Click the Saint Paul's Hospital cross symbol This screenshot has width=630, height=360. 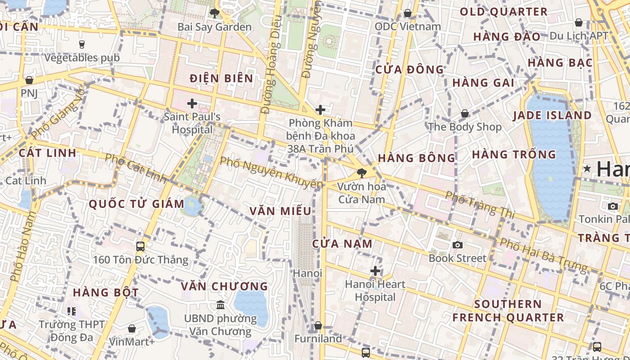192,104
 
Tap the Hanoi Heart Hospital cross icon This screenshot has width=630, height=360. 375,271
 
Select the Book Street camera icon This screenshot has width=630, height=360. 458,245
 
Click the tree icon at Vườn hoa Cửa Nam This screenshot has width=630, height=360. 361,173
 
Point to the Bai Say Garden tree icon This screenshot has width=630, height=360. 215,13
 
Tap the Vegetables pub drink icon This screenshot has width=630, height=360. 82,44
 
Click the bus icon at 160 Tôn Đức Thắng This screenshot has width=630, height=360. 140,246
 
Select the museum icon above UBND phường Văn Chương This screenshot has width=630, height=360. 220,305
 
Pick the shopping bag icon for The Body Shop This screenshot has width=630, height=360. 465,113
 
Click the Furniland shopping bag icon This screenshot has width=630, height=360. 318,325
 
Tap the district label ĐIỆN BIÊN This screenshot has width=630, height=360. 221,79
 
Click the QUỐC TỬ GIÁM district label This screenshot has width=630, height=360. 136,204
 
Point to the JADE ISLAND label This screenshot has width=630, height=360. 553,116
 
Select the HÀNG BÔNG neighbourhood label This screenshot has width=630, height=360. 417,158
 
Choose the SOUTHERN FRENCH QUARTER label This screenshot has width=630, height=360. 508,310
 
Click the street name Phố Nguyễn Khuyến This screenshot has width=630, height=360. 271,172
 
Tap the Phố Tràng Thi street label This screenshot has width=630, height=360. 479,204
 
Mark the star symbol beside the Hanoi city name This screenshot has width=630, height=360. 587,169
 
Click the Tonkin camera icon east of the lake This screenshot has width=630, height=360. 612,206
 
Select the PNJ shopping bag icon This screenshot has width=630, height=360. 29,80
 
